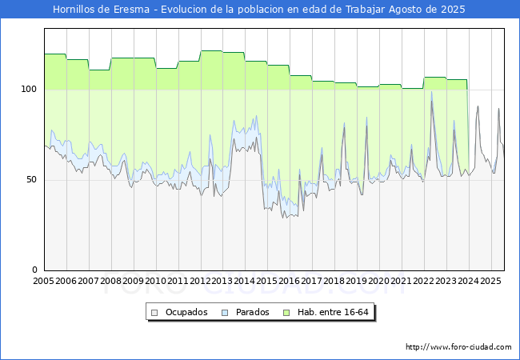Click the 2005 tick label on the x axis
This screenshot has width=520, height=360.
click(44, 281)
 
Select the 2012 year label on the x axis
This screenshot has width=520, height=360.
click(200, 281)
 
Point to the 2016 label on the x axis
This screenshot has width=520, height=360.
click(290, 281)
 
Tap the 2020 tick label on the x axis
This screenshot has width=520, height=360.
click(379, 281)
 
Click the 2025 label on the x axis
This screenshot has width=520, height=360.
click(490, 281)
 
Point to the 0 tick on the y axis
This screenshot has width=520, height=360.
click(36, 270)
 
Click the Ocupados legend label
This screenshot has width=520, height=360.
click(186, 312)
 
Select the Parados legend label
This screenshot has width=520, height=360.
click(252, 312)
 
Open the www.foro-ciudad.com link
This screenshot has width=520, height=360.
click(458, 347)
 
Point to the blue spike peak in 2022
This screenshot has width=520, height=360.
click(432, 92)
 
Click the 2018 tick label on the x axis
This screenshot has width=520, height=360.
click(334, 281)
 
